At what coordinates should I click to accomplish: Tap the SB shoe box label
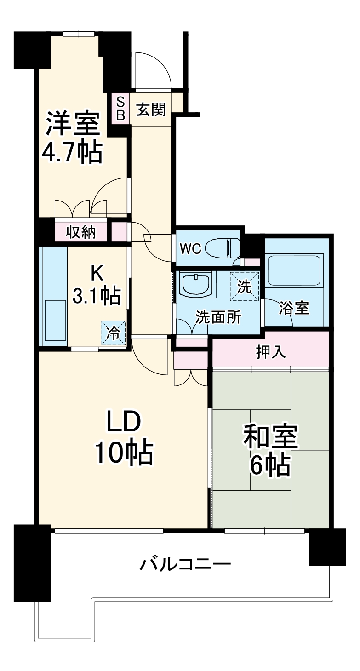120,109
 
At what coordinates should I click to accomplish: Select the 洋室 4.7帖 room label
72,137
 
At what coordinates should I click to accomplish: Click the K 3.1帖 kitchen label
96,285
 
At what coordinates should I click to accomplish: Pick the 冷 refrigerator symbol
113,332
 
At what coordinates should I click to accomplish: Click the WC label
190,249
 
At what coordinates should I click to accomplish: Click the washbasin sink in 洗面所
196,285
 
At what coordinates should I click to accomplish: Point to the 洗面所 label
218,318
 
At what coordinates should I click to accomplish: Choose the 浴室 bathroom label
294,308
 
